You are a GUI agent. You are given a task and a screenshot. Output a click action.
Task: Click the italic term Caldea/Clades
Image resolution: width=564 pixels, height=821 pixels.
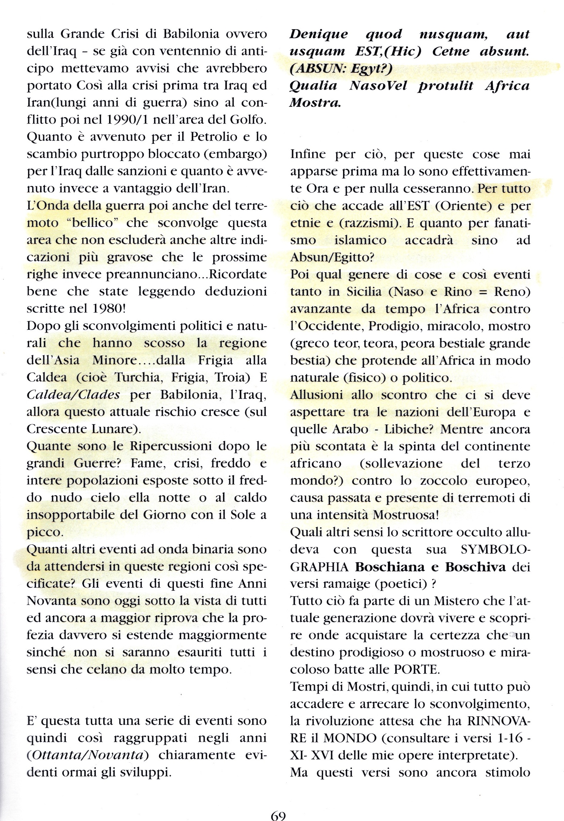point(73,395)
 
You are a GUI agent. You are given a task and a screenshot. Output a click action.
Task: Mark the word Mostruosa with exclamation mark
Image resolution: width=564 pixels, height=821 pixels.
point(406,515)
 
